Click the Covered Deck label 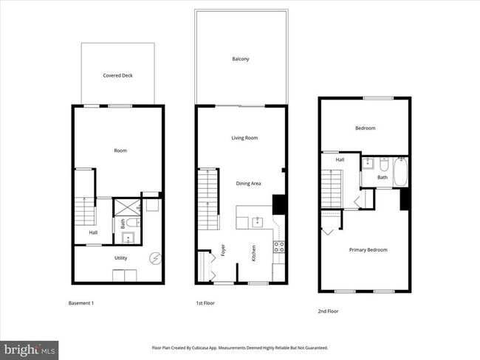click(x=117, y=75)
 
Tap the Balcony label click(x=240, y=58)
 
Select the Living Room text click(x=244, y=138)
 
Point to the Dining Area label click(x=248, y=183)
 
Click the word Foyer click(x=223, y=250)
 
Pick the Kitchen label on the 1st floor click(x=253, y=253)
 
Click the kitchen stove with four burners click(x=279, y=247)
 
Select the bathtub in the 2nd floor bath click(x=401, y=172)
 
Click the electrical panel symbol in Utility click(x=156, y=257)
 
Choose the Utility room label click(x=121, y=259)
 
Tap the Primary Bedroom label click(x=368, y=249)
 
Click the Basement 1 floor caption click(x=81, y=303)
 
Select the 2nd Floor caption click(x=328, y=311)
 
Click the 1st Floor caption click(x=205, y=303)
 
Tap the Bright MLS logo click(x=30, y=347)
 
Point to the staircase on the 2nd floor click(x=331, y=189)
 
